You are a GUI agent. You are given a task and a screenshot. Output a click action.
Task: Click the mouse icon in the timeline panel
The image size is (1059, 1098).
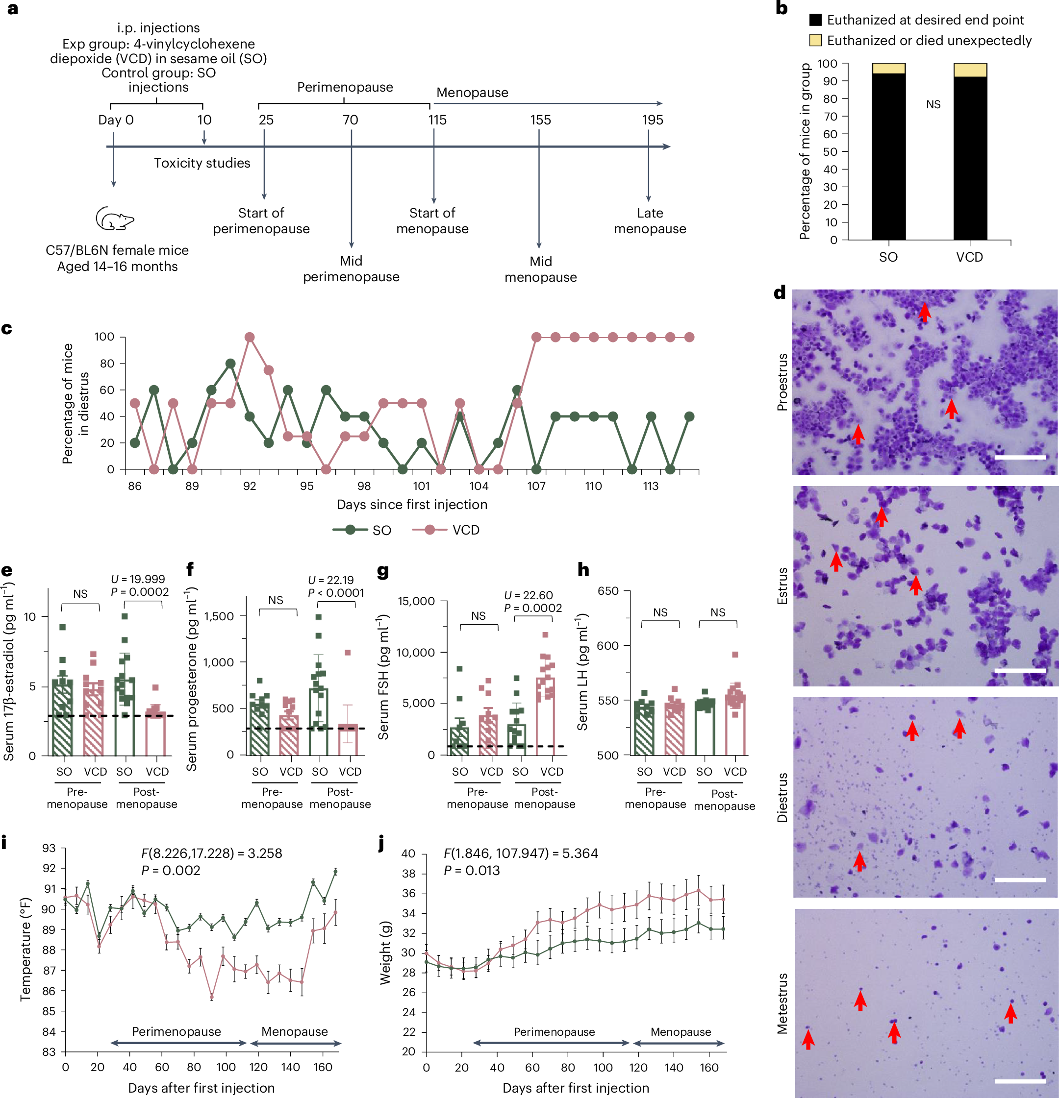pyautogui.click(x=114, y=219)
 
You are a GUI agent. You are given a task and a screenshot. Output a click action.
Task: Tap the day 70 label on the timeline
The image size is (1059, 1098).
pyautogui.click(x=350, y=120)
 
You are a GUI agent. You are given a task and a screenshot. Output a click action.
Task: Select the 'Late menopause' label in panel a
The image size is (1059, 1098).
pyautogui.click(x=650, y=220)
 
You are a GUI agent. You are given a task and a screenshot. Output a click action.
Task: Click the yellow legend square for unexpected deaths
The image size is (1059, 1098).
pyautogui.click(x=816, y=40)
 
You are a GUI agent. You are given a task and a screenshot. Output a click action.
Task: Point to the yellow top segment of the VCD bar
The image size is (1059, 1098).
pyautogui.click(x=970, y=70)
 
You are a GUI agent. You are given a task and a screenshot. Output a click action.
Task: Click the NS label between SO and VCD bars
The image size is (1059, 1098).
pyautogui.click(x=933, y=105)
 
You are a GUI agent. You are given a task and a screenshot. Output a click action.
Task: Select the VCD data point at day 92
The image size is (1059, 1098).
pyautogui.click(x=250, y=337)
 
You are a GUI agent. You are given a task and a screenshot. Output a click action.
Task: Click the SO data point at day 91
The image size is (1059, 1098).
pyautogui.click(x=230, y=364)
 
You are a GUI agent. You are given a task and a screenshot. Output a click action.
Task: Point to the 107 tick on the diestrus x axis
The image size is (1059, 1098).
pyautogui.click(x=536, y=486)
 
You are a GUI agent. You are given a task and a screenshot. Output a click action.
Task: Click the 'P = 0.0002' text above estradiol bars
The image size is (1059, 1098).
pyautogui.click(x=140, y=592)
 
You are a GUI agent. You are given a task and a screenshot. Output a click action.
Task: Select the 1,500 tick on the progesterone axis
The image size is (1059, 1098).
pyautogui.click(x=219, y=616)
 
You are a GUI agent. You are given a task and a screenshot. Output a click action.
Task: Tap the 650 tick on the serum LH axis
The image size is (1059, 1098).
pyautogui.click(x=608, y=591)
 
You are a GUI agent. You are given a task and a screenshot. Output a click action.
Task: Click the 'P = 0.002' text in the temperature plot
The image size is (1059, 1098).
pyautogui.click(x=171, y=871)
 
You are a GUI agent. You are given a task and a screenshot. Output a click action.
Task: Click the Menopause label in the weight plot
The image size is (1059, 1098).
pyautogui.click(x=680, y=1032)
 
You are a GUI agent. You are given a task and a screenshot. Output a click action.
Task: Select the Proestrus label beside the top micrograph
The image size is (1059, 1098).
pyautogui.click(x=782, y=382)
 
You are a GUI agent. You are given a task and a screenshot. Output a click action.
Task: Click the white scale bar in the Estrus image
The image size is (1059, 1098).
pyautogui.click(x=1020, y=670)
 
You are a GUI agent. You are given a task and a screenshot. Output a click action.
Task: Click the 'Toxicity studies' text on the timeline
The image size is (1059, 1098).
pyautogui.click(x=202, y=163)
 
